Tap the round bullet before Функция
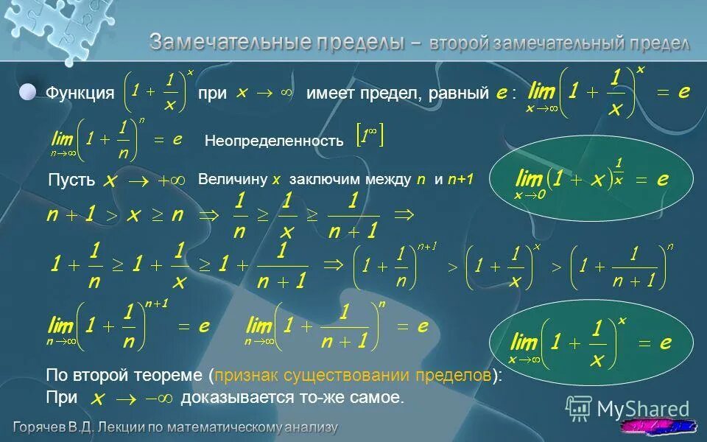(27, 92)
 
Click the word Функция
(80, 94)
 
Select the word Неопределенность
(274, 141)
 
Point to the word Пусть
(71, 180)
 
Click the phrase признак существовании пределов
(352, 375)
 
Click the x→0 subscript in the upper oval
(530, 194)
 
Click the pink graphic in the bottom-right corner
(659, 427)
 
